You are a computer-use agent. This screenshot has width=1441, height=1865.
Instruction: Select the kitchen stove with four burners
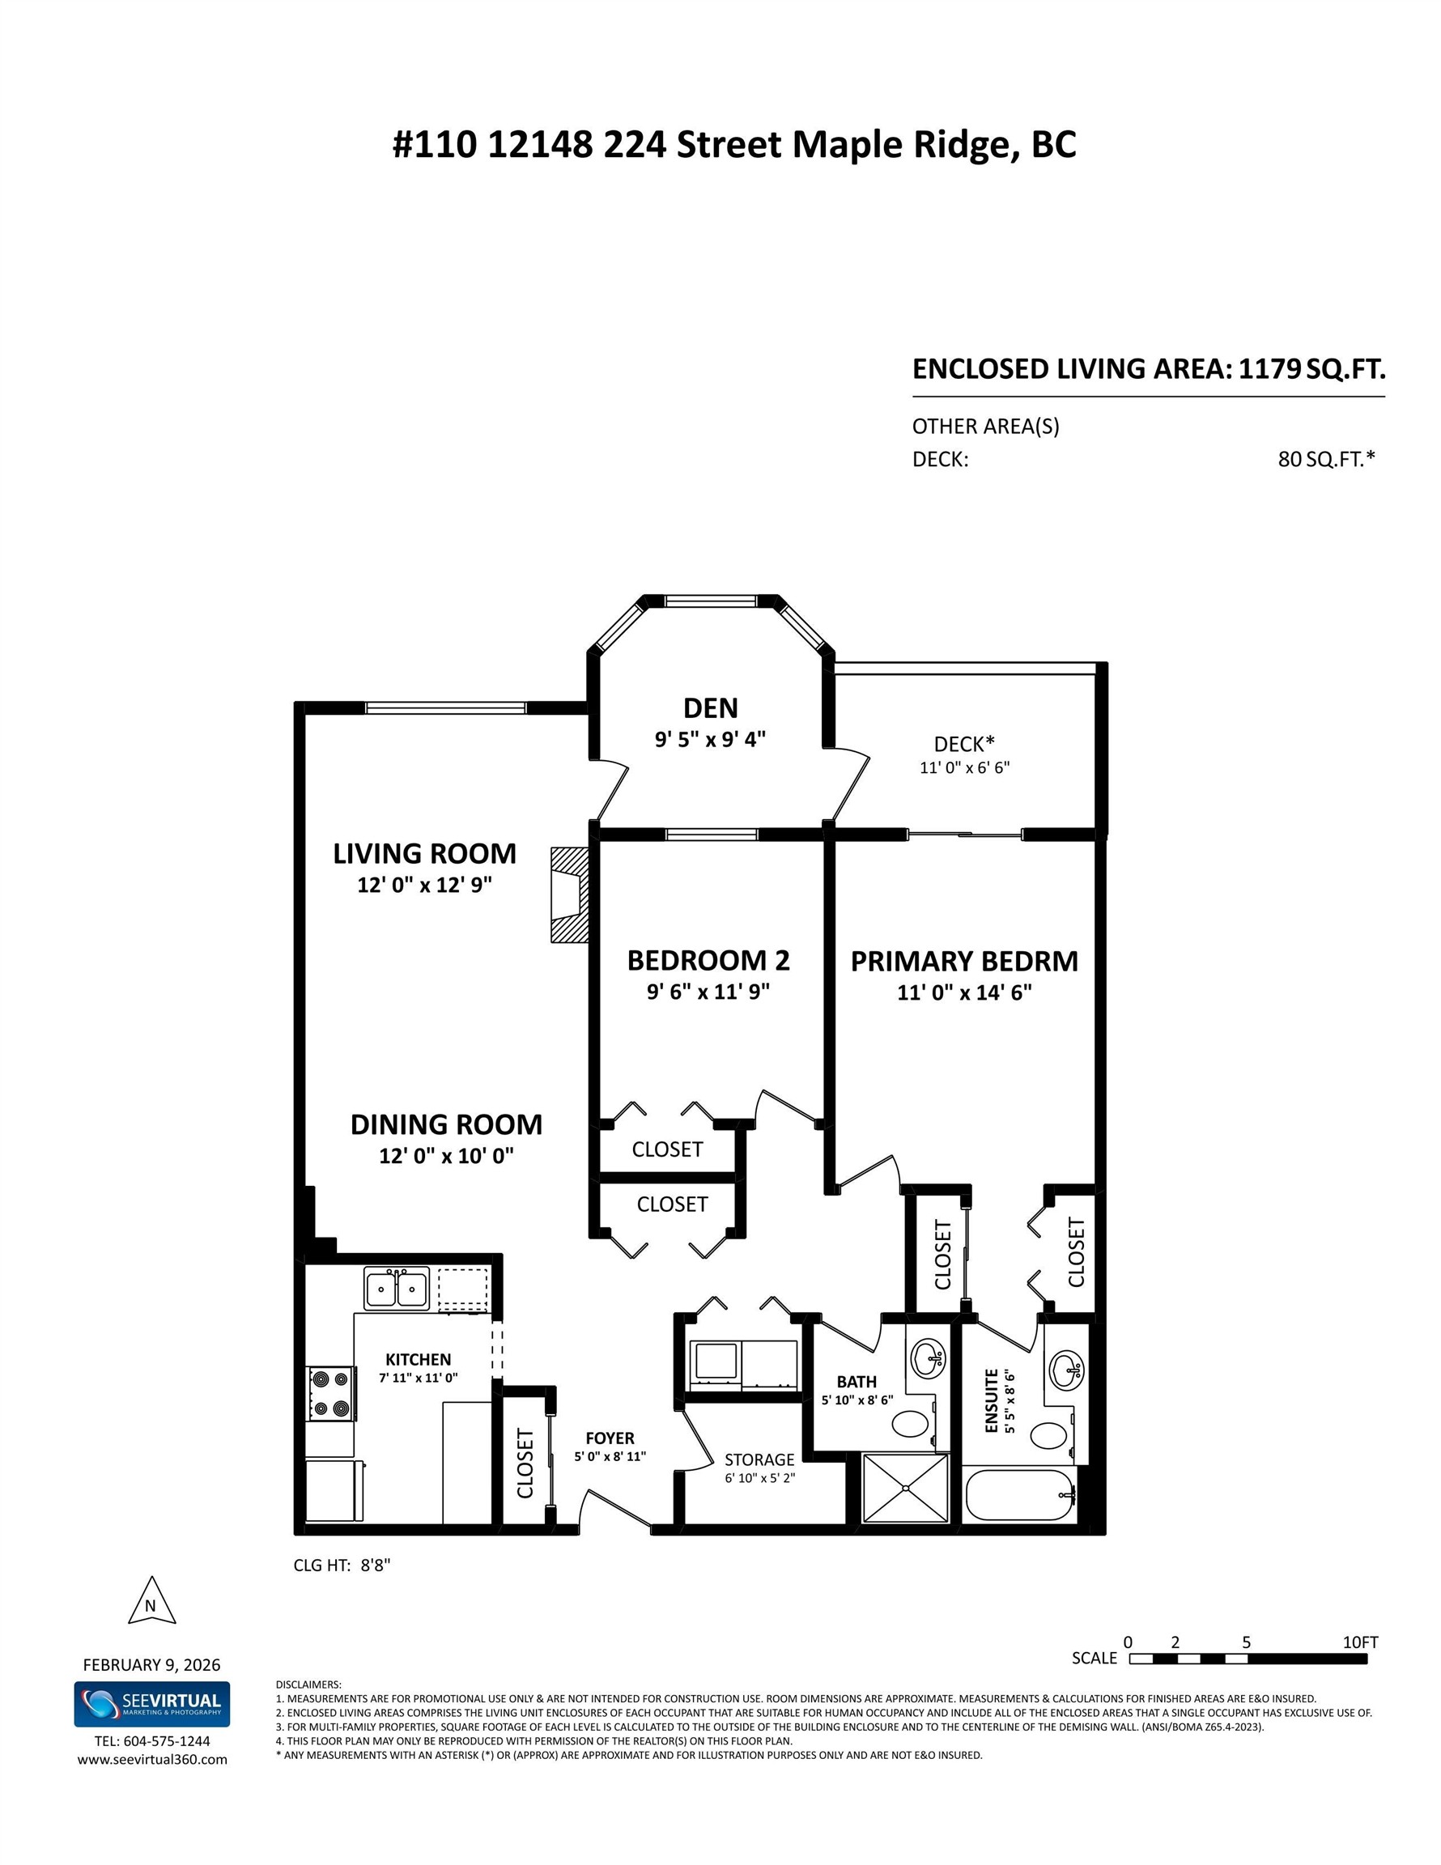click(x=330, y=1394)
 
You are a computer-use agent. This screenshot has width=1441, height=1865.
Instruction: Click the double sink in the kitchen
click(x=397, y=1288)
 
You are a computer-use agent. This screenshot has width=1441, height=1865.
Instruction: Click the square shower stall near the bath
click(x=905, y=1489)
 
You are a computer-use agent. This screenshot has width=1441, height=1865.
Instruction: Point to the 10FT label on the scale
click(x=1360, y=1642)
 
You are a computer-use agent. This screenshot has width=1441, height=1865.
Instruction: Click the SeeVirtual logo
click(x=151, y=1705)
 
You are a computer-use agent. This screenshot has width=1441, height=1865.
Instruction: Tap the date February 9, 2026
click(x=151, y=1664)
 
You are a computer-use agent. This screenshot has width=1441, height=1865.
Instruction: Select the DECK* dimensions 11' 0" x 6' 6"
click(x=964, y=767)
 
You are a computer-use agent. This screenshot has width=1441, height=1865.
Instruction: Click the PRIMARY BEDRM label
click(x=964, y=962)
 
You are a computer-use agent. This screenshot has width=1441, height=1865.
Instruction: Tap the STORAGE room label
click(x=759, y=1459)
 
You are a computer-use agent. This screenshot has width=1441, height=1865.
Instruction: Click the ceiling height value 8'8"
click(x=375, y=1565)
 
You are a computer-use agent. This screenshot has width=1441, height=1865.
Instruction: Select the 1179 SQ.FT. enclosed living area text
click(x=1311, y=369)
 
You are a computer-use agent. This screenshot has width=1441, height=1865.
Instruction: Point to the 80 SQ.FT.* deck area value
click(x=1326, y=460)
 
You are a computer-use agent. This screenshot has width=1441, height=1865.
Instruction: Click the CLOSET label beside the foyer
click(x=525, y=1463)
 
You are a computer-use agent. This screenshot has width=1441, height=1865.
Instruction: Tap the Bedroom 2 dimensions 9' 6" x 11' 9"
click(x=708, y=992)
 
